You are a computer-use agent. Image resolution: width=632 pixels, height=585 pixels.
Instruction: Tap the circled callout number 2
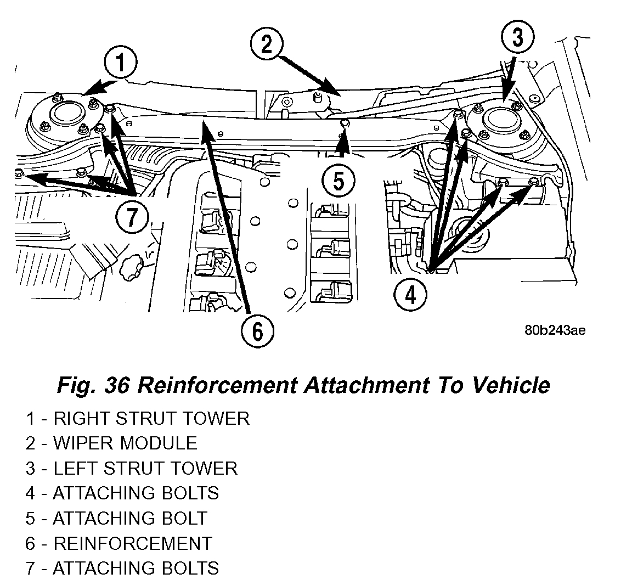coord(267,44)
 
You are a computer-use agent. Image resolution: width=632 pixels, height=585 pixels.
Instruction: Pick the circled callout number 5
coord(338,180)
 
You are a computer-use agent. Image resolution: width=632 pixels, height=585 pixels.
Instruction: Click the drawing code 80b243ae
coord(555,330)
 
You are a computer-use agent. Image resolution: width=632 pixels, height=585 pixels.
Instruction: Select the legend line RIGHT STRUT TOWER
coord(137,419)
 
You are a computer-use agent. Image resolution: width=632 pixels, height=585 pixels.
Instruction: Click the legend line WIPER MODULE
coord(111,443)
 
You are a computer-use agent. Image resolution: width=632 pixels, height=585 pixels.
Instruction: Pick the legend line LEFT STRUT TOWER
coord(131,468)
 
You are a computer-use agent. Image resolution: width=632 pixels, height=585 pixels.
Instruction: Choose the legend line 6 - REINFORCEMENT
coord(118,543)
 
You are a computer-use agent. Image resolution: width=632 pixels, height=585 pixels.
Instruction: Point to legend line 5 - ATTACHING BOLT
coord(116,518)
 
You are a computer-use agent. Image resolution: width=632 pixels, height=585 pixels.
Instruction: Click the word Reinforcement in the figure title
coord(217,385)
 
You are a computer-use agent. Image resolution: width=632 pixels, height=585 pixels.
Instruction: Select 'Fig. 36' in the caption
coord(93,385)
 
